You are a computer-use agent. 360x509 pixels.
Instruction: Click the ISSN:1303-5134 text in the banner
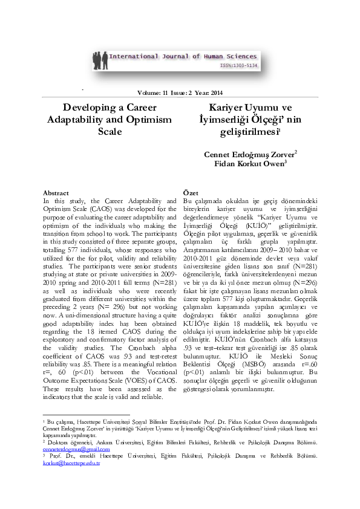point(238,65)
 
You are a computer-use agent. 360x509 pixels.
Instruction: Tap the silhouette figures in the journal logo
point(100,61)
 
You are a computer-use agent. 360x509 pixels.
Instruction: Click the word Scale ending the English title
point(110,131)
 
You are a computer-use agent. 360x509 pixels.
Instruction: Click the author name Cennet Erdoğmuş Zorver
point(249,154)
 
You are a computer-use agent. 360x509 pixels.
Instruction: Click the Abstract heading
point(57,193)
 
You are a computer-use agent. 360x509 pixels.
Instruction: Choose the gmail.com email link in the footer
point(76,449)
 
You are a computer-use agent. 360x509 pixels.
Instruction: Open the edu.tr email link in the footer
point(71,463)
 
